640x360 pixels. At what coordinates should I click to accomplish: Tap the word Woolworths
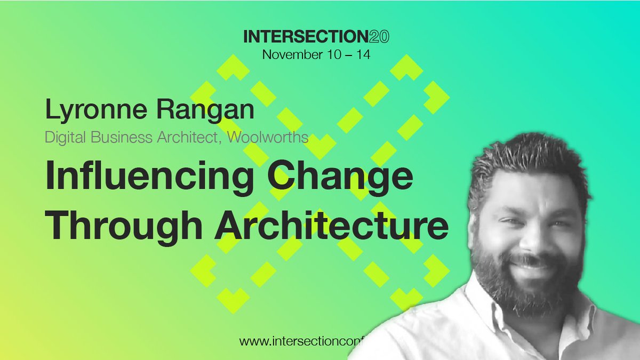(268, 137)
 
